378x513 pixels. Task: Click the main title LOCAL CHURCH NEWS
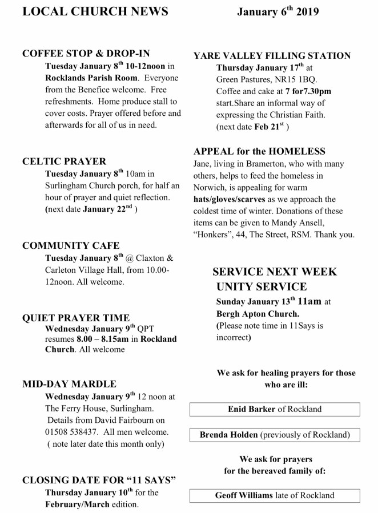(x=95, y=12)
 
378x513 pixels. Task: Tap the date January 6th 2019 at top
(x=278, y=12)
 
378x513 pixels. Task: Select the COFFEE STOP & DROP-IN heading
(x=86, y=54)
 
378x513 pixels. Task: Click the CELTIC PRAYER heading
(x=64, y=162)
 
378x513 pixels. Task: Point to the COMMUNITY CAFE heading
(x=71, y=246)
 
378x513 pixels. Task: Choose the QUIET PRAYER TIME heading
(x=75, y=317)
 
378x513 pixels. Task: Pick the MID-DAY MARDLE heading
(x=69, y=383)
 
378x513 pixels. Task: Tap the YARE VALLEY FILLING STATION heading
(x=280, y=56)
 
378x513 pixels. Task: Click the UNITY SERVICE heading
(x=262, y=286)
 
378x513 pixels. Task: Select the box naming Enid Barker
(x=275, y=409)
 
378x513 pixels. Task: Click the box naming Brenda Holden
(x=275, y=435)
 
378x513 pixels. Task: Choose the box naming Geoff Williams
(x=275, y=495)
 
